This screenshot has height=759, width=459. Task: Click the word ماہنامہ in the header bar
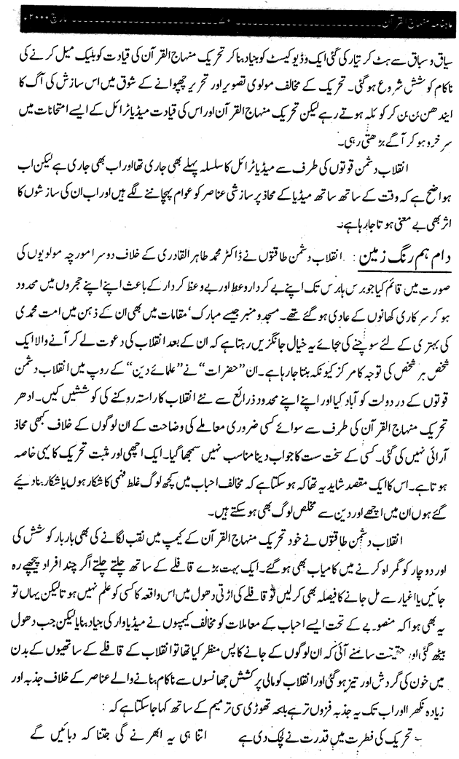click(x=436, y=14)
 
